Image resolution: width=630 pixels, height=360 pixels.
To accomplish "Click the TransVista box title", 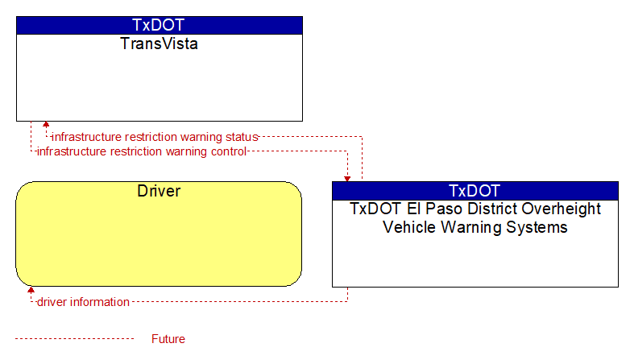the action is pos(159,43).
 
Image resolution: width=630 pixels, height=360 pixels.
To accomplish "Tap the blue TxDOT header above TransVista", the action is pos(159,25).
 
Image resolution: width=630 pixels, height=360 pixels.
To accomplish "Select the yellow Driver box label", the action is pos(159,191).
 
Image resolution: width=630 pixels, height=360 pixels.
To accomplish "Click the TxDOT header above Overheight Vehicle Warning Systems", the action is pos(475,191).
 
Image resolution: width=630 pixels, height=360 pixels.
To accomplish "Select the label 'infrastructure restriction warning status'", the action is pos(155,137).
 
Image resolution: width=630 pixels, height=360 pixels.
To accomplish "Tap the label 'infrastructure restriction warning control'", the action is pos(142,151).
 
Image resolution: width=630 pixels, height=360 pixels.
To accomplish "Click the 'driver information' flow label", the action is pos(83,302).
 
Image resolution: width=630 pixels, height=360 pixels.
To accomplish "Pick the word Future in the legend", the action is pos(168,339).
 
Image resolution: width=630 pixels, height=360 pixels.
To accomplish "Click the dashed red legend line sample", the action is pos(74,339).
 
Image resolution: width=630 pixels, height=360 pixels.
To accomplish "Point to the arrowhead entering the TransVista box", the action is pos(46,124).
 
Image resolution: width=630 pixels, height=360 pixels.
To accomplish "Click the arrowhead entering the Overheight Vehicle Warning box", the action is pos(347,180).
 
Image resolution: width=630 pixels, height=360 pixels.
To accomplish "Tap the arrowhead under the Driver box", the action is pos(31,289).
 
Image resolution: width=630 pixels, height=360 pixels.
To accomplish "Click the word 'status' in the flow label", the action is pos(242,137).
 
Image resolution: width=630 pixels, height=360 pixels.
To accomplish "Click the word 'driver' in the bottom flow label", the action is pos(52,302).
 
